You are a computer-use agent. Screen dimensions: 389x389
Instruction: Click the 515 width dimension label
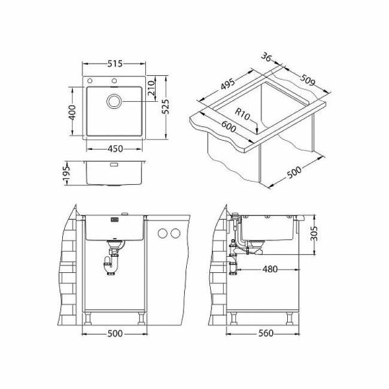[115, 64]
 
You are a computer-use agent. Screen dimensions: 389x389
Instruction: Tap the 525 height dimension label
[165, 107]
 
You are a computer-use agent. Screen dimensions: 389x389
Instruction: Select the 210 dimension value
[151, 88]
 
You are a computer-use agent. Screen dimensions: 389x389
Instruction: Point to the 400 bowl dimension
[72, 112]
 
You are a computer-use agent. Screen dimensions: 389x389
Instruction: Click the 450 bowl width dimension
[115, 149]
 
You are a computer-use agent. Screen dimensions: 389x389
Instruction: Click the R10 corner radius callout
[242, 115]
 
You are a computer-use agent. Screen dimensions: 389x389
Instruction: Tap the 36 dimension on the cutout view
[266, 57]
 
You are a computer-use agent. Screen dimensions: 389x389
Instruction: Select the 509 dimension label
[307, 80]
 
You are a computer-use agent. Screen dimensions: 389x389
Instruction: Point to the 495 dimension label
[228, 84]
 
